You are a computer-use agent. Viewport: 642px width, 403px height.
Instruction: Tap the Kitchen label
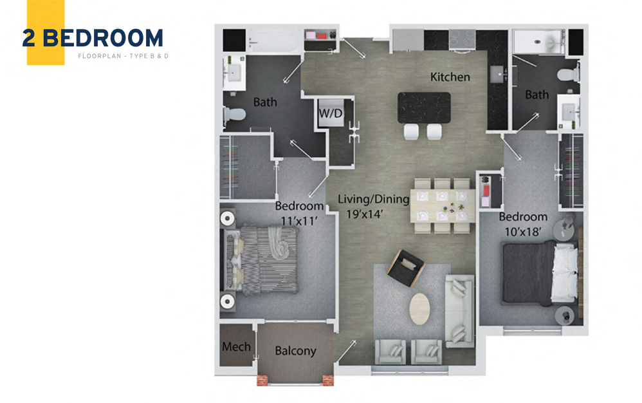(450, 77)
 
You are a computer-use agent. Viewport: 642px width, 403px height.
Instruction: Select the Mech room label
(236, 347)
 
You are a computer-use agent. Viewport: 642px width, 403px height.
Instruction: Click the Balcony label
(295, 351)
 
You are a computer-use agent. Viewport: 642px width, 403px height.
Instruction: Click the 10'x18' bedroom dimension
(522, 232)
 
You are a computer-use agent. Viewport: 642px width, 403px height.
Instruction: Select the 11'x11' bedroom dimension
(299, 220)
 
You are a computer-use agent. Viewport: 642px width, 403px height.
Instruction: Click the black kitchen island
(424, 107)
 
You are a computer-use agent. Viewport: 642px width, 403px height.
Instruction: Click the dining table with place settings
(443, 206)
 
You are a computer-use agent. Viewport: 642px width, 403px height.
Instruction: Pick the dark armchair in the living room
(407, 267)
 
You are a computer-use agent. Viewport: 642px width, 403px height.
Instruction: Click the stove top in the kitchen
(461, 40)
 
